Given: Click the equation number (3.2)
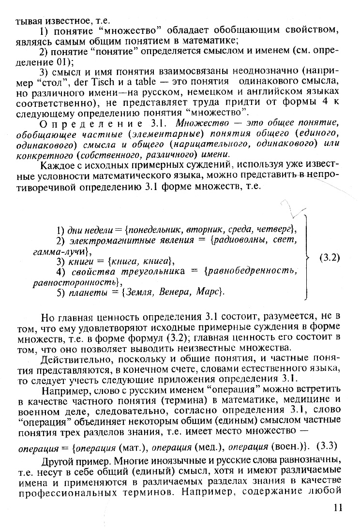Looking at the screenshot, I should click(330, 258).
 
